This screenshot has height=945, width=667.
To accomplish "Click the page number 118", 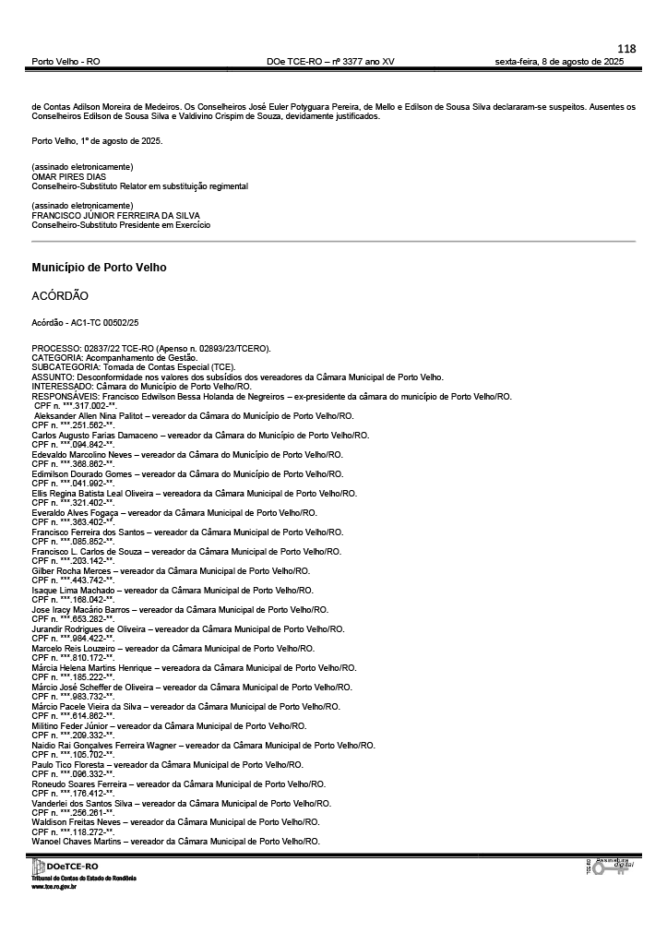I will pos(626,49).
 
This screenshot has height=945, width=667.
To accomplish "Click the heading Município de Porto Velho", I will pos(99,268).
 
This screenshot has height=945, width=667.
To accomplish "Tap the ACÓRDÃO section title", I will pos(60,295).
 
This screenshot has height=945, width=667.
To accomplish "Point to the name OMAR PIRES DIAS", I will pos(68,176).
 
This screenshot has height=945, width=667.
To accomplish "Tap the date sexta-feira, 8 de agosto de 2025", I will pos(559,62).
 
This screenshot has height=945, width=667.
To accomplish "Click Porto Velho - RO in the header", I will pos(66,62).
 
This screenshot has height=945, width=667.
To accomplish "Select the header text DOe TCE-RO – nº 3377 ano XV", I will pos(330,62).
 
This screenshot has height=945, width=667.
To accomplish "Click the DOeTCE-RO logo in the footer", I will pos(66,867).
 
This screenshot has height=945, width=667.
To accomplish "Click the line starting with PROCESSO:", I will pos(151,348).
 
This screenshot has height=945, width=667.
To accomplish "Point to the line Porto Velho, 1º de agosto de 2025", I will pos(97,141).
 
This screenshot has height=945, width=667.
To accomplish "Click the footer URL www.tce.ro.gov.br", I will pos(54,886).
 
